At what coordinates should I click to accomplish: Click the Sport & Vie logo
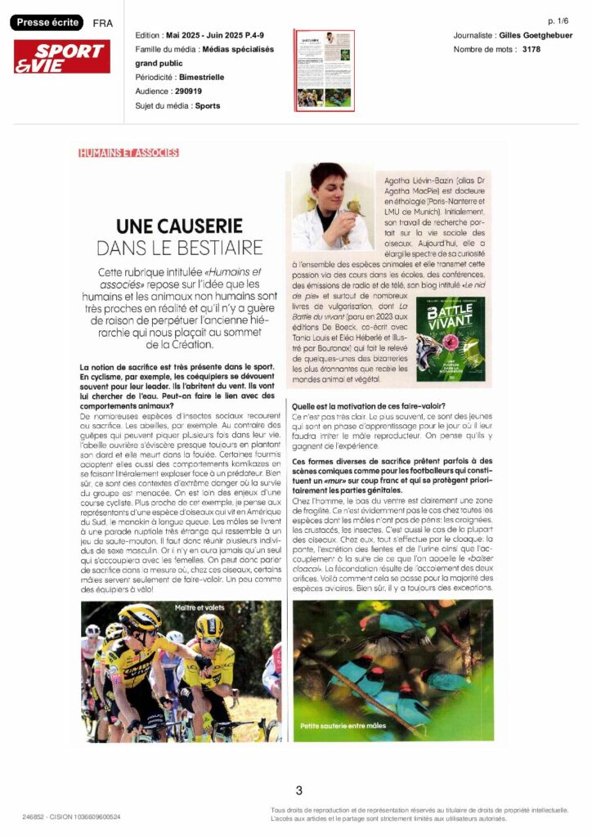[62, 56]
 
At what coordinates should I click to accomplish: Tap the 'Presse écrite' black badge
[45, 23]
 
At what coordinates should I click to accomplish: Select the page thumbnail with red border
[324, 70]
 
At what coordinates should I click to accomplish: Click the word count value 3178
[531, 50]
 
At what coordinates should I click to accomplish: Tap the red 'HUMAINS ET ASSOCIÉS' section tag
[128, 153]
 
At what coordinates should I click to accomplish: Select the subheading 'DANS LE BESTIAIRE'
[180, 247]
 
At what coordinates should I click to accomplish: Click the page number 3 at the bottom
[298, 790]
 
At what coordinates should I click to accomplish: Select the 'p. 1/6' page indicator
[560, 20]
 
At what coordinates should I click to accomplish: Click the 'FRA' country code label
[103, 24]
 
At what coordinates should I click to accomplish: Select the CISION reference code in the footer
[71, 817]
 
